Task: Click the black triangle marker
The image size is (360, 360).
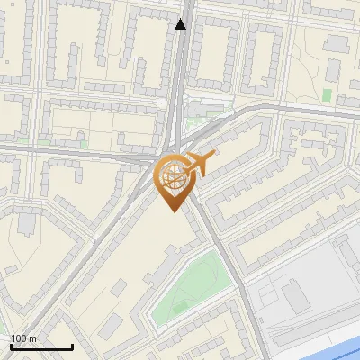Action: (182, 24)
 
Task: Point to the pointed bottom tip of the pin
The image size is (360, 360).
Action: (172, 211)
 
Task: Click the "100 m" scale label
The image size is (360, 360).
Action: (24, 338)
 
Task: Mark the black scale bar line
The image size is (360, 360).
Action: (41, 346)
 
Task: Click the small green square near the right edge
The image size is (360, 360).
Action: (326, 94)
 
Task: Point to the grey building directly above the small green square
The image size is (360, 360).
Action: (337, 67)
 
